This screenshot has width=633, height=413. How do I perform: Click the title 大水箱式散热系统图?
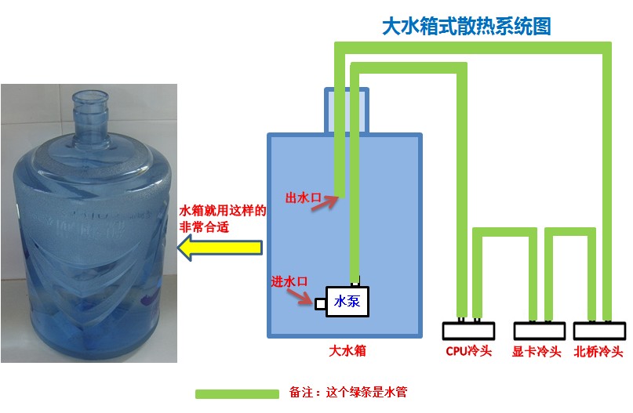pos(466,27)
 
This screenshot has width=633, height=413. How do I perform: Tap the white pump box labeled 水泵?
pos(347,300)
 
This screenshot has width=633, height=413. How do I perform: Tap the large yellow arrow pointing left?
pos(219,249)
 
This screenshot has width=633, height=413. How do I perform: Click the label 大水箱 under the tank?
pos(347,350)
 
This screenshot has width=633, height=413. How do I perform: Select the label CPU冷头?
pos(468,351)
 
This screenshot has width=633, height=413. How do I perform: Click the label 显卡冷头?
pos(537,351)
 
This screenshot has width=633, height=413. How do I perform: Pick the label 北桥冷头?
pos(598,351)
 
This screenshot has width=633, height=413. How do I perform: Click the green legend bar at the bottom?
pos(237,393)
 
